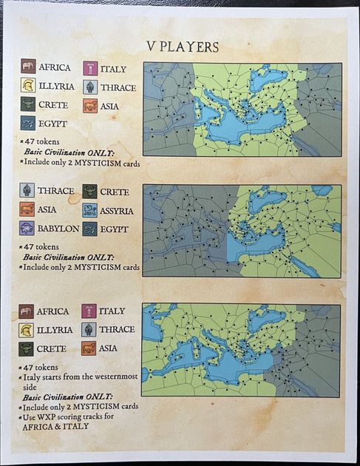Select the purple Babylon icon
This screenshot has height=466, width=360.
pyautogui.click(x=27, y=229)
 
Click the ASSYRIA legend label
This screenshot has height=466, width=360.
pyautogui.click(x=117, y=211)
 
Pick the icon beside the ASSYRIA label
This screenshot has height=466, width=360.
pyautogui.click(x=90, y=211)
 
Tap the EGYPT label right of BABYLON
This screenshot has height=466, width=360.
pyautogui.click(x=116, y=229)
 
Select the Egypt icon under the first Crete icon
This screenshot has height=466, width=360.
pyautogui.click(x=28, y=124)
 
